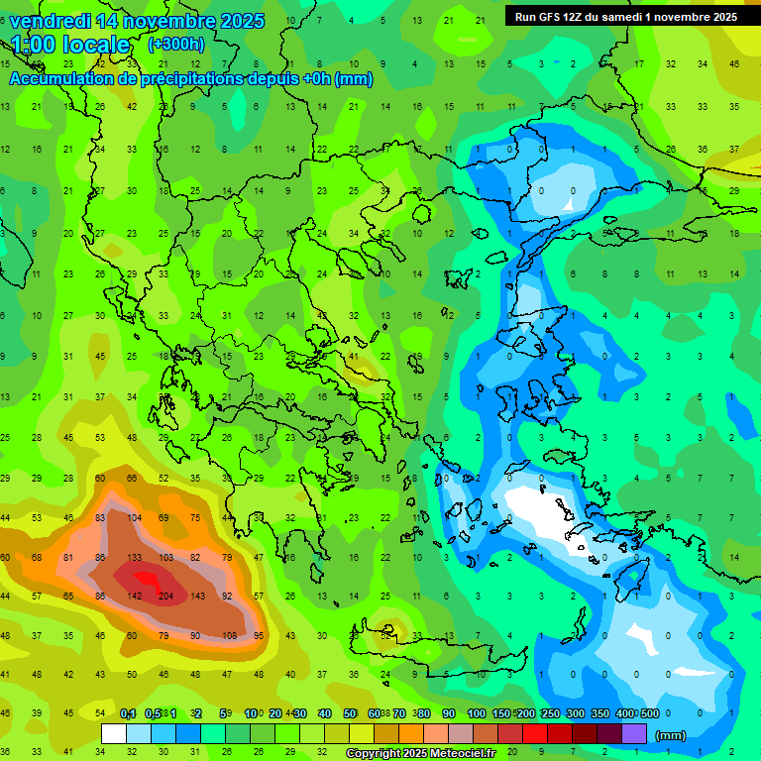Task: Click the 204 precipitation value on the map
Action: pyautogui.click(x=166, y=596)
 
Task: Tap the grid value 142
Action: pyautogui.click(x=135, y=596)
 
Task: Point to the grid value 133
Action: pyautogui.click(x=135, y=558)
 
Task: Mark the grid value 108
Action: pyautogui.click(x=229, y=635)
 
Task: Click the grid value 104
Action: pyautogui.click(x=135, y=518)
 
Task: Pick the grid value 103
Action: pyautogui.click(x=166, y=558)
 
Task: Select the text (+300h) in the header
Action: pyautogui.click(x=175, y=44)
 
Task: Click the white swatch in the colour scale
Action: pyautogui.click(x=114, y=734)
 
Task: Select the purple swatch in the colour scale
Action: pyautogui.click(x=634, y=734)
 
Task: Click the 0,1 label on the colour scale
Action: pyautogui.click(x=128, y=713)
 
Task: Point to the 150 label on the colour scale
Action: pyautogui.click(x=500, y=713)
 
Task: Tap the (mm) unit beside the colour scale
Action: pyautogui.click(x=671, y=735)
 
